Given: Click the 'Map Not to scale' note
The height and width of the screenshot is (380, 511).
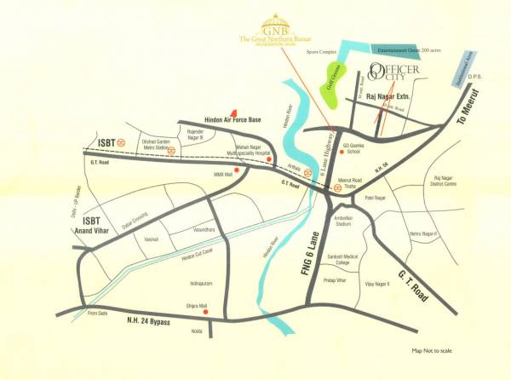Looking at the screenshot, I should (x=437, y=351).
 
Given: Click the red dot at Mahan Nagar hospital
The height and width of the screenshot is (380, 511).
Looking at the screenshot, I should (x=270, y=159).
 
